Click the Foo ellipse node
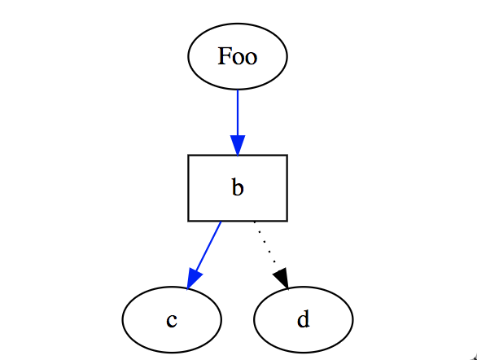point(238,57)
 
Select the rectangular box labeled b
point(238,187)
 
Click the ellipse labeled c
point(172,319)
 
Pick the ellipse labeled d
point(304,319)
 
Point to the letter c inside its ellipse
point(172,320)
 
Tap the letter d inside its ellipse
point(304,319)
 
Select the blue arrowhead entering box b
point(238,145)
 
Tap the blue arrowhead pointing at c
point(192,279)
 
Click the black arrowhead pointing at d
point(282,279)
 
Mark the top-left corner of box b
point(189,155)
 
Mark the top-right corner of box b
point(287,155)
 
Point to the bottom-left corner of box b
point(189,221)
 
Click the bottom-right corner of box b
point(287,221)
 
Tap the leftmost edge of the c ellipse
point(123,319)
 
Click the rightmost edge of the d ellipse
point(352,319)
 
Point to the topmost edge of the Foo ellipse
point(238,24)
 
